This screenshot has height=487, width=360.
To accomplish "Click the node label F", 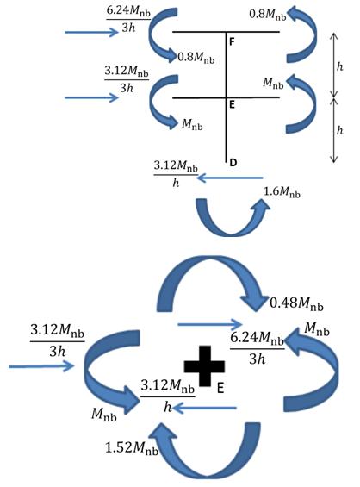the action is pyautogui.click(x=232, y=41).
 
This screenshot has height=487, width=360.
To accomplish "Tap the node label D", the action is pyautogui.click(x=233, y=162).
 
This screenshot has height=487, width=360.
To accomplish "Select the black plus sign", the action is pyautogui.click(x=204, y=365).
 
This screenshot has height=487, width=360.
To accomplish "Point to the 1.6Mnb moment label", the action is pyautogui.click(x=282, y=192).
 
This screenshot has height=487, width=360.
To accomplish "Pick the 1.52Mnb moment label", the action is pyautogui.click(x=132, y=448).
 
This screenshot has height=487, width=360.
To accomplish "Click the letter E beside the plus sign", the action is pyautogui.click(x=220, y=388).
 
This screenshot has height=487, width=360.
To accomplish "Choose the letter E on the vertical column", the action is pyautogui.click(x=232, y=105).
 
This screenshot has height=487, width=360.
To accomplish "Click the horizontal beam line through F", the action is pyautogui.click(x=226, y=32).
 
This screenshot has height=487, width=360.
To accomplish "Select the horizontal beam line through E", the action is pyautogui.click(x=226, y=98).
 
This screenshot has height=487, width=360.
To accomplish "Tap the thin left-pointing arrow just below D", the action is pyautogui.click(x=230, y=178).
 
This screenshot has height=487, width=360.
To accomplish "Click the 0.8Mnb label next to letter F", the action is pyautogui.click(x=196, y=58).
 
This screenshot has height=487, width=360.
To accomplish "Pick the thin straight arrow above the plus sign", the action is pyautogui.click(x=210, y=325).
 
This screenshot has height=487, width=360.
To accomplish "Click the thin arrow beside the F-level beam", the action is pyautogui.click(x=91, y=32).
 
